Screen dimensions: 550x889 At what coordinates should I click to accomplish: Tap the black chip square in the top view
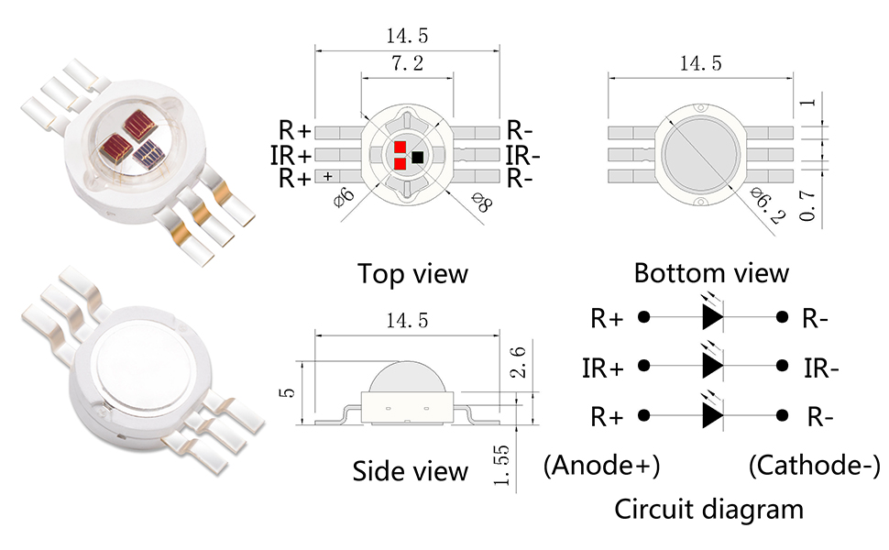[x=418, y=157]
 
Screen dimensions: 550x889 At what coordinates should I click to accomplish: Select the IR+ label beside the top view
[x=291, y=154]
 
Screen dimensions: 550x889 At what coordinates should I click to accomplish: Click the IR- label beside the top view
[x=522, y=154]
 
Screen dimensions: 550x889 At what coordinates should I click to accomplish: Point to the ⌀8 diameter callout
[x=479, y=203]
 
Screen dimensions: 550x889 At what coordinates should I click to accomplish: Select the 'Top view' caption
[x=412, y=273]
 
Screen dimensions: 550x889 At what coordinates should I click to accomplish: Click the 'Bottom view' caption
[x=711, y=272]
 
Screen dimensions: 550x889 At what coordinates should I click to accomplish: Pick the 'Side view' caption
[x=410, y=471]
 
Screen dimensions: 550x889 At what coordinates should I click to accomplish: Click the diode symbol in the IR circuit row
[x=712, y=365]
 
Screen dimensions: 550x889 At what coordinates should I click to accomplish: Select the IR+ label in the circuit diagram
[x=603, y=368]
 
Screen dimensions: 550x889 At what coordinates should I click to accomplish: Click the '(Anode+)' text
[x=601, y=465]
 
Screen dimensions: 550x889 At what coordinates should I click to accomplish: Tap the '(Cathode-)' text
[x=814, y=465]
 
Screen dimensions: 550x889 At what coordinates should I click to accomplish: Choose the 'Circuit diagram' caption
[x=708, y=508]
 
